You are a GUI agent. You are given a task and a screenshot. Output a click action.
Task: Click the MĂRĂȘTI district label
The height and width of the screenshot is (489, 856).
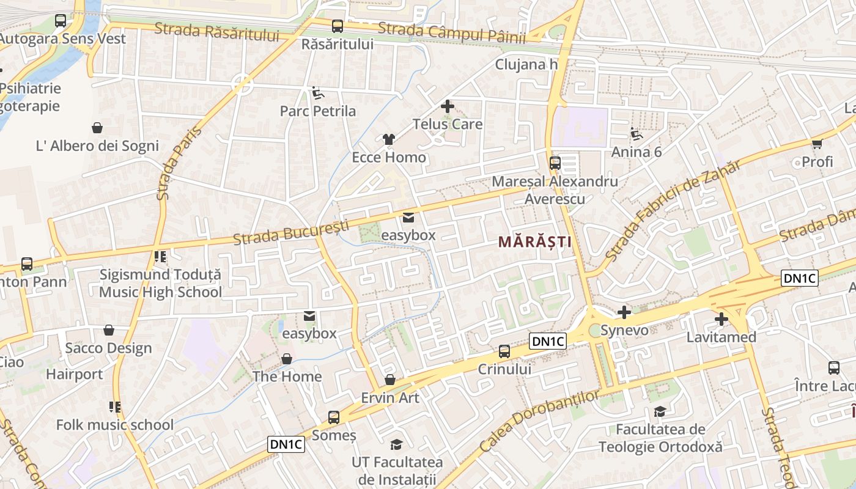[534, 241]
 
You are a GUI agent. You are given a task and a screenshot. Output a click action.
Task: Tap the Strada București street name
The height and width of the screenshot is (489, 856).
[291, 233]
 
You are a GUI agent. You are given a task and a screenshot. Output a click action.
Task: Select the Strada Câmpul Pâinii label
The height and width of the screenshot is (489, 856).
[452, 33]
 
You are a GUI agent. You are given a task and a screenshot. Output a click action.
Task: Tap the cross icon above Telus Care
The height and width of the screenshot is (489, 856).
[448, 106]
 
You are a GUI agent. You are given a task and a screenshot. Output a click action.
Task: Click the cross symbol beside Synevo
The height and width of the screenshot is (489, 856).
[624, 313]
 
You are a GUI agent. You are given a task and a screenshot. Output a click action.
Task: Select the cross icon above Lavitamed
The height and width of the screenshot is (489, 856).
[721, 319]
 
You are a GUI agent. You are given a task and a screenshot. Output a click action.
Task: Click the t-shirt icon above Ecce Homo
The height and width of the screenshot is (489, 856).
[388, 139]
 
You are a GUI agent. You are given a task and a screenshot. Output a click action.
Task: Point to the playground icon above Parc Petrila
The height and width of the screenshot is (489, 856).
[317, 93]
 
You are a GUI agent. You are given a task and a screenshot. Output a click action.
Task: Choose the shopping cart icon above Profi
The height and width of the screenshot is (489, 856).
[817, 144]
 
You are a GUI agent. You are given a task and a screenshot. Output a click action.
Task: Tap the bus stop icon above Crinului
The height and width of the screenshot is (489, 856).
[504, 351]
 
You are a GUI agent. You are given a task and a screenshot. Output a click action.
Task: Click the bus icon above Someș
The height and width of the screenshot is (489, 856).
[334, 417]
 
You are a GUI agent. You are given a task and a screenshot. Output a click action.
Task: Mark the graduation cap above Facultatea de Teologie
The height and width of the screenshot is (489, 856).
[660, 411]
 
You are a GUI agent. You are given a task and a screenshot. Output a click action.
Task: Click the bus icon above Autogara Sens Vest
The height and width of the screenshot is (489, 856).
[61, 21]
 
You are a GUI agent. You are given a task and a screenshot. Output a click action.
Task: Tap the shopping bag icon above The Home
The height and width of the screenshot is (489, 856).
[286, 359]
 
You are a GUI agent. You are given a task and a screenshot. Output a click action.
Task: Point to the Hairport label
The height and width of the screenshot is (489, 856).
[75, 373]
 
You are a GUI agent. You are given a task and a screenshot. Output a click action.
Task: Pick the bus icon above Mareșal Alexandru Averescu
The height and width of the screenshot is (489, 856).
[555, 163]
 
